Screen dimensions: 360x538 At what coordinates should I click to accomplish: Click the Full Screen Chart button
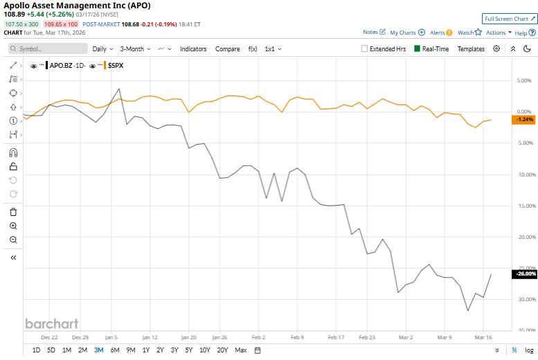tap(510, 19)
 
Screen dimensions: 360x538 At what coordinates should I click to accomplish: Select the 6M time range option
tap(115, 350)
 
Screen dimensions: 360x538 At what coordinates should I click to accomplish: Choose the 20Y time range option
tap(222, 350)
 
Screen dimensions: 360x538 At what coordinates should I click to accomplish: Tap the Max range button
tap(240, 350)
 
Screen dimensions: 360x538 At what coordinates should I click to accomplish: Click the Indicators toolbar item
tap(193, 49)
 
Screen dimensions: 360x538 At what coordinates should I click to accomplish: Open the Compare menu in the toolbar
tap(228, 49)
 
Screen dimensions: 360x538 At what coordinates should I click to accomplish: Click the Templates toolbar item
tap(471, 49)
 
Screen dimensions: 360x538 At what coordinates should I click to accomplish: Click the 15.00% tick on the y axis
tap(525, 206)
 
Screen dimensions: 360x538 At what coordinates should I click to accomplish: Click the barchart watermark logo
tap(51, 323)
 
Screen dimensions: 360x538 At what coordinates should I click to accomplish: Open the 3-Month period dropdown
tap(135, 49)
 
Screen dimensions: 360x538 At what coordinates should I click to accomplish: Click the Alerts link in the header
tap(440, 33)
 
